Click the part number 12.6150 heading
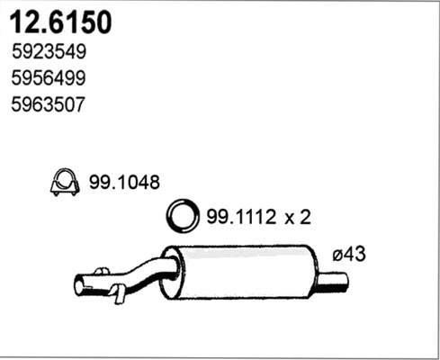click(x=62, y=22)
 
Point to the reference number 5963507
click(x=49, y=104)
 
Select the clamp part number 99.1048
click(x=123, y=183)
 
